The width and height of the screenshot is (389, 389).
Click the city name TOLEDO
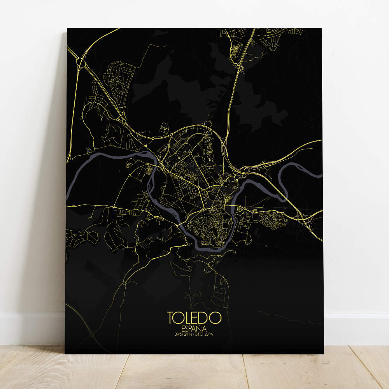click(194, 317)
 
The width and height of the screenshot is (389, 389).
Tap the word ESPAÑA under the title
click(194, 328)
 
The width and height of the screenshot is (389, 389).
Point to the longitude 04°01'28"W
click(206, 333)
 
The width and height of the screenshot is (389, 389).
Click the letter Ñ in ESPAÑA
click(201, 328)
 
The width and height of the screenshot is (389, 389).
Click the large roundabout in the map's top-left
click(81, 62)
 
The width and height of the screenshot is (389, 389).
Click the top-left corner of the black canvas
click(68, 29)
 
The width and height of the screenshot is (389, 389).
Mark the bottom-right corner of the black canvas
click(323, 353)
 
